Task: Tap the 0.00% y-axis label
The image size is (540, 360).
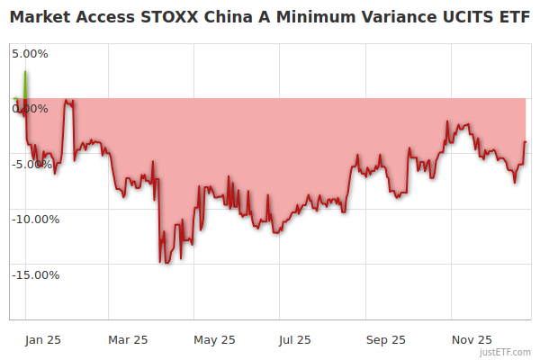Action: [30, 109]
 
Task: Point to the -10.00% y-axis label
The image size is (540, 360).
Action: [35, 220]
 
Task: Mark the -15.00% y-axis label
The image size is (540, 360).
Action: [35, 275]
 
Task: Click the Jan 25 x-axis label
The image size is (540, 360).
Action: [42, 340]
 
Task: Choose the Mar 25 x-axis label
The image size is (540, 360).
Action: [128, 340]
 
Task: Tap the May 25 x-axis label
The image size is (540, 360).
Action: [214, 340]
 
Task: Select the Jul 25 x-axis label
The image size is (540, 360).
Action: [294, 340]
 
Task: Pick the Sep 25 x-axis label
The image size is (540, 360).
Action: [386, 340]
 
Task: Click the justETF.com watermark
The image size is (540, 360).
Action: [507, 352]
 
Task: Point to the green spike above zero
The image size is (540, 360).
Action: [25, 85]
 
